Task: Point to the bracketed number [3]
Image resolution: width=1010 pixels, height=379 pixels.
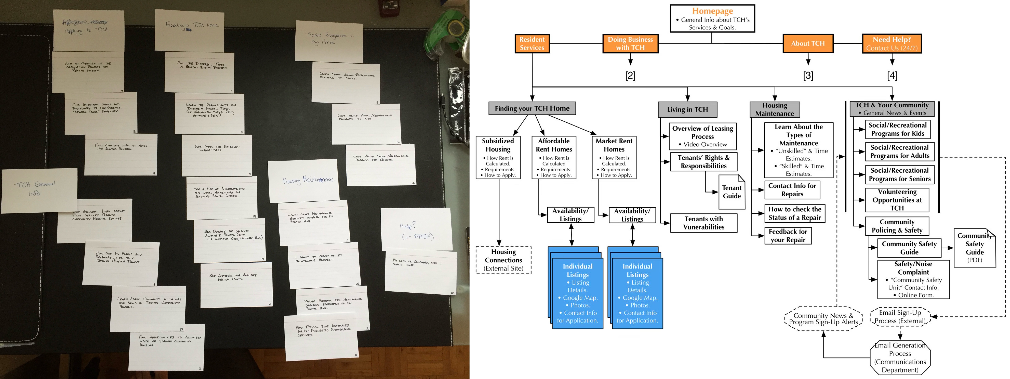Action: [808, 75]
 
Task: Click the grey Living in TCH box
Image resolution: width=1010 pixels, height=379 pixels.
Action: [687, 109]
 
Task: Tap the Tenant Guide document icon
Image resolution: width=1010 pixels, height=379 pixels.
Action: [731, 192]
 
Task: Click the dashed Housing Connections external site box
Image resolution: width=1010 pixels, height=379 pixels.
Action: [503, 260]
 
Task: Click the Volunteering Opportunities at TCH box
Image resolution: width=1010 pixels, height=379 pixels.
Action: [897, 200]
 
